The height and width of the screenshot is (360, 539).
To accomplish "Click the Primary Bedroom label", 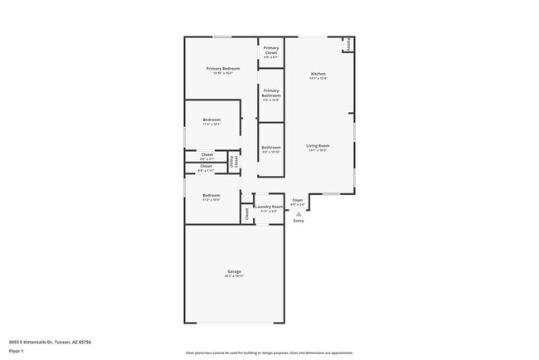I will click(223, 68).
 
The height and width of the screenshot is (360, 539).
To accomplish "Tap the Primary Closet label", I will click(271, 51).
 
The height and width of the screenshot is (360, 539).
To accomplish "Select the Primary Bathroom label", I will click(271, 94).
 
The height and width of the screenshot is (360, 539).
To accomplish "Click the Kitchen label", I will click(318, 74).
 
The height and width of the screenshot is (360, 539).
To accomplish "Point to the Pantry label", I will click(348, 45).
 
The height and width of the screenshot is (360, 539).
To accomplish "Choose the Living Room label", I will click(318, 146).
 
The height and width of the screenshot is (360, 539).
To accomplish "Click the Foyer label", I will click(297, 200).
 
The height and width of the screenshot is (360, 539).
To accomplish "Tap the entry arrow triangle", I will click(299, 213).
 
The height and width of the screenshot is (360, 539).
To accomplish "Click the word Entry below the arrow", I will click(299, 221).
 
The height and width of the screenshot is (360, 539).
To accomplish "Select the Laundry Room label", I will click(269, 207).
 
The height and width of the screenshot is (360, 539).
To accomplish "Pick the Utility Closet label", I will click(234, 163).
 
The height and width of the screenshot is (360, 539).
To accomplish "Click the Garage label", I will click(235, 271).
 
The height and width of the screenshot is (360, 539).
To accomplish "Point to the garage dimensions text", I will click(235, 277).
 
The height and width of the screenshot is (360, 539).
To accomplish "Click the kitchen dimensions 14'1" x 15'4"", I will click(318, 79).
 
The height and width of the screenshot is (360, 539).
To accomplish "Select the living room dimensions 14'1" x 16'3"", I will click(318, 151).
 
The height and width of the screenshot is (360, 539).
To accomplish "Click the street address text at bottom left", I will click(50, 341).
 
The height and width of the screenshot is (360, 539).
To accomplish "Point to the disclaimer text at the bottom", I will click(269, 353).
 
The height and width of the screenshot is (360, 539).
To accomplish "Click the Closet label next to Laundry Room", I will click(246, 214).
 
